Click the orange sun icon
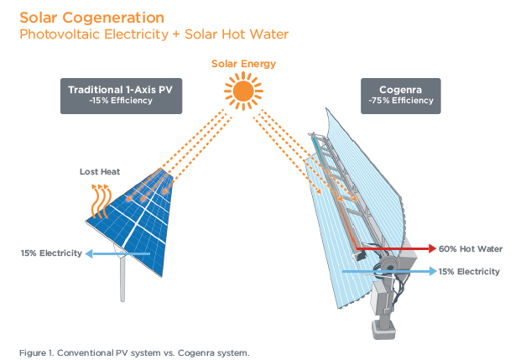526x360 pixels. click(x=243, y=91)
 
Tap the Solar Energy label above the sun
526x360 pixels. click(x=243, y=64)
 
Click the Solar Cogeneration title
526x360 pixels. click(x=92, y=18)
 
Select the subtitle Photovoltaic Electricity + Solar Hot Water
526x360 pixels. click(x=154, y=34)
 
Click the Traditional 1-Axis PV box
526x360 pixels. click(x=121, y=96)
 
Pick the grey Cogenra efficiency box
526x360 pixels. click(x=400, y=96)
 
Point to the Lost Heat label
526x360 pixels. click(x=100, y=172)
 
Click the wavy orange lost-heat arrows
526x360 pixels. click(x=100, y=201)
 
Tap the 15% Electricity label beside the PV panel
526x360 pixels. click(x=51, y=253)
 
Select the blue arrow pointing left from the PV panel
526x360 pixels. click(x=117, y=253)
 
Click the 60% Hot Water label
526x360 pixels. click(x=471, y=249)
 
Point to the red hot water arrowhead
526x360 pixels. click(x=432, y=248)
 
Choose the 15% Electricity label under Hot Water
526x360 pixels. click(x=469, y=271)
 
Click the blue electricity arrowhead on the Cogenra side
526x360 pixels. click(x=433, y=271)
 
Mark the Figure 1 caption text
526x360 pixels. click(x=134, y=353)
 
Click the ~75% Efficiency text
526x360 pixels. click(x=400, y=101)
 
